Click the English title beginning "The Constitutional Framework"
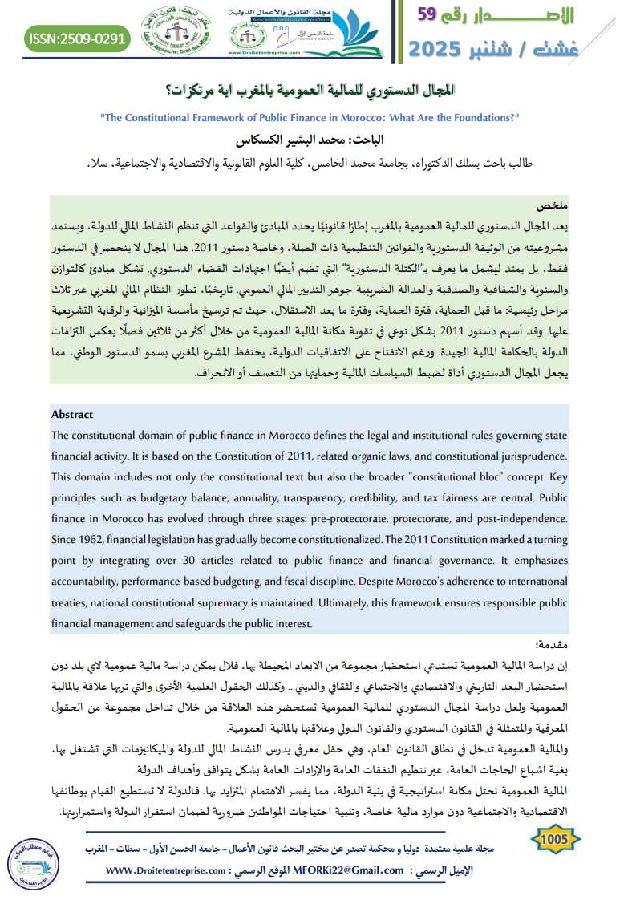[x=310, y=117]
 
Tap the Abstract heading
[x=72, y=415]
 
